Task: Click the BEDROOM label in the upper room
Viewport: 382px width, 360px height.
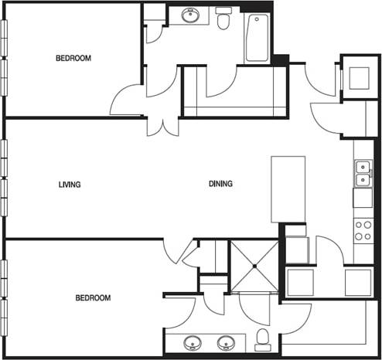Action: coord(73,58)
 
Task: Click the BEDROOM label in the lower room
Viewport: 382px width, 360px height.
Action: coord(92,298)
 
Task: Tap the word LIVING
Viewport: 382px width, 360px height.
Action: coord(70,185)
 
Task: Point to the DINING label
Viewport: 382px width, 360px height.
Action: coord(220,185)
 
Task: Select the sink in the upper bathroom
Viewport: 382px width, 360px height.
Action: coord(189,15)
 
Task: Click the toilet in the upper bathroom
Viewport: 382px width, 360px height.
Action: coord(224,19)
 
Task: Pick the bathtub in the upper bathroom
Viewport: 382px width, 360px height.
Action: coord(257,38)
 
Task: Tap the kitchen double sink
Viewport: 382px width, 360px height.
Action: coord(362,174)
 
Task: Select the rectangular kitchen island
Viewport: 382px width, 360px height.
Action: coord(288,190)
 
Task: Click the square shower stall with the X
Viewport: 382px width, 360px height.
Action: coord(254,266)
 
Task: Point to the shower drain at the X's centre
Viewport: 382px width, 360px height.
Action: coord(254,266)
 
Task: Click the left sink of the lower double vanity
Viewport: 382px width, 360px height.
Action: coord(193,343)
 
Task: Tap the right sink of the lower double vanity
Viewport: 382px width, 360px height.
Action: coord(227,343)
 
